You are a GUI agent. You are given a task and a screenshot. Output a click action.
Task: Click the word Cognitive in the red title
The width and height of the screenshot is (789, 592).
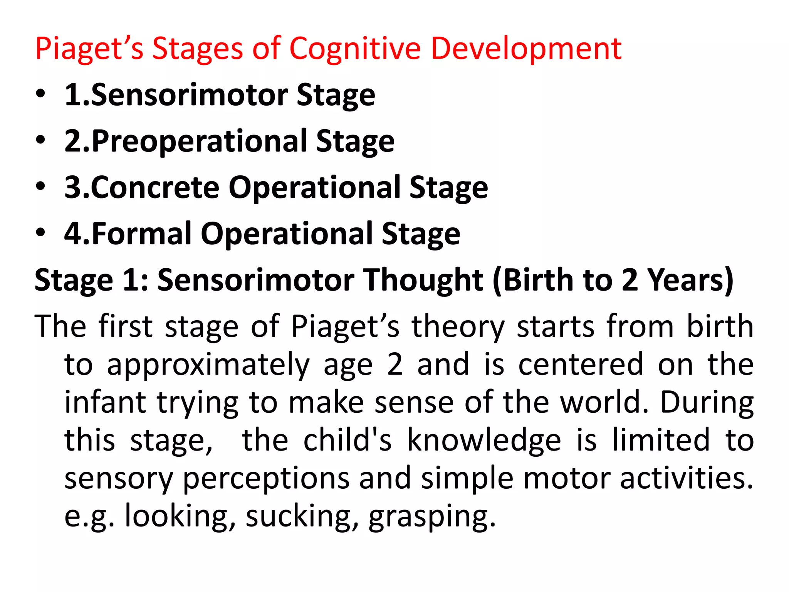[354, 49]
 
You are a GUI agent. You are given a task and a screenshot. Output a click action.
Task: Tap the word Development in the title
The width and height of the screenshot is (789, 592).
[526, 49]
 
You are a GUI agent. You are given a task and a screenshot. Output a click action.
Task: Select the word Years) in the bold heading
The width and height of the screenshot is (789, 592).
[690, 280]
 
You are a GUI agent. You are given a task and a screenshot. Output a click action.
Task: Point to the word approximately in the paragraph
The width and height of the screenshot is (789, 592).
[208, 365]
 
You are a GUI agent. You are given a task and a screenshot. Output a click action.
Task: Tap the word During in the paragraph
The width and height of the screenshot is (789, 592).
[707, 403]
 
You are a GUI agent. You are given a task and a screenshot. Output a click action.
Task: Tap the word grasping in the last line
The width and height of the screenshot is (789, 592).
[431, 517]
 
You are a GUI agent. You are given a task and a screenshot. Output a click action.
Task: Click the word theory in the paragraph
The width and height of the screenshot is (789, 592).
[458, 327]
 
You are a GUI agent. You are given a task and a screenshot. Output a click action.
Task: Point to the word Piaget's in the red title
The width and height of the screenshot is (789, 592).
[89, 50]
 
